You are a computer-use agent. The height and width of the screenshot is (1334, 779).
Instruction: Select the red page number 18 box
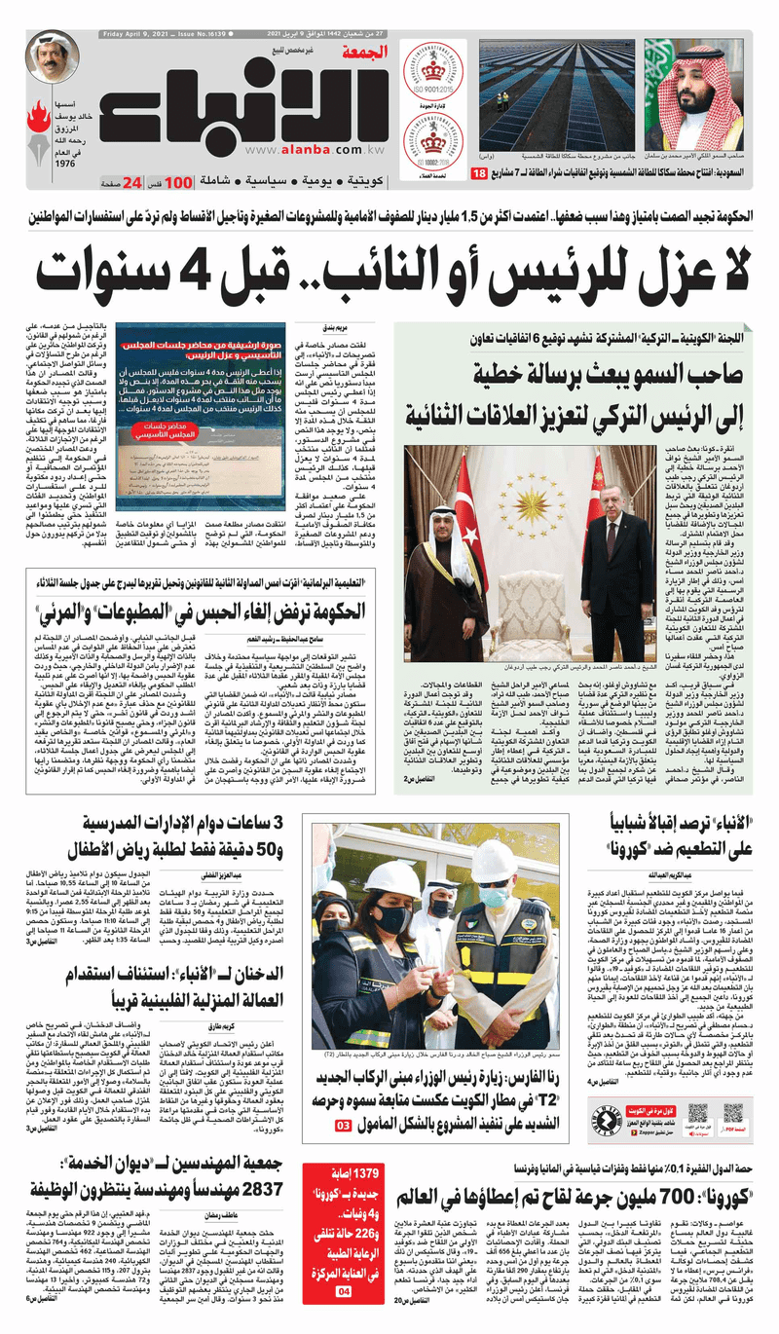[479, 172]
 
